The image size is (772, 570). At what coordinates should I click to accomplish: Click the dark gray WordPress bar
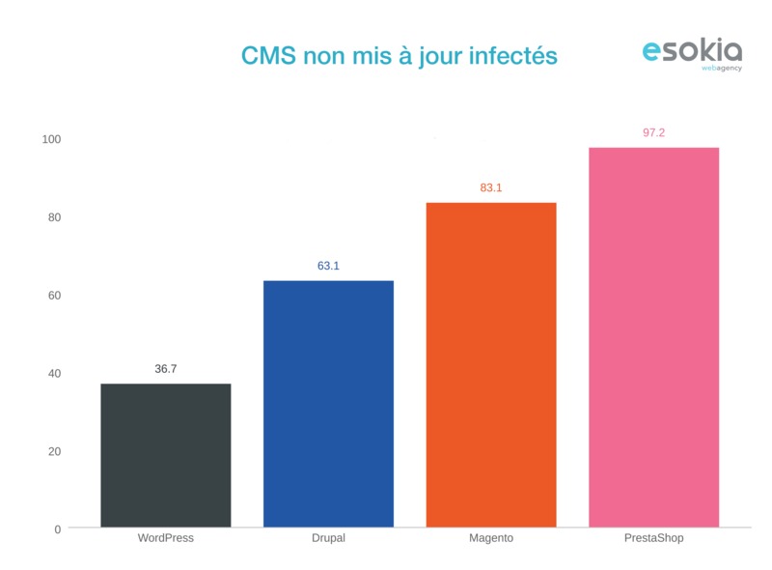pyautogui.click(x=166, y=455)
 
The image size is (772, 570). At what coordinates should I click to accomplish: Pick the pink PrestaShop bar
pyautogui.click(x=653, y=337)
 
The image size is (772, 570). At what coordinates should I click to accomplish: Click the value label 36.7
pyautogui.click(x=166, y=369)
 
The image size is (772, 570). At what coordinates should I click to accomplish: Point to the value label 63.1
pyautogui.click(x=328, y=266)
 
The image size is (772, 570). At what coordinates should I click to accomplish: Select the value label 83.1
pyautogui.click(x=491, y=187)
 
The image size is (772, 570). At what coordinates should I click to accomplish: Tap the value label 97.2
pyautogui.click(x=653, y=132)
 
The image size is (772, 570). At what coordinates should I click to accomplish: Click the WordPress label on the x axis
pyautogui.click(x=166, y=538)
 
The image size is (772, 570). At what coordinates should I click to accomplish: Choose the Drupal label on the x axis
pyautogui.click(x=328, y=538)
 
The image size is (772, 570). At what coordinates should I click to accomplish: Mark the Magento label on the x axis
pyautogui.click(x=491, y=538)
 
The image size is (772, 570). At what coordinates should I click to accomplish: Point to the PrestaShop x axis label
pyautogui.click(x=653, y=538)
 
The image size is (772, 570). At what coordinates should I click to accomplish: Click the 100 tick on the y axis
pyautogui.click(x=51, y=139)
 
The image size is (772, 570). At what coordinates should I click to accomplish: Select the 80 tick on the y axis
pyautogui.click(x=54, y=217)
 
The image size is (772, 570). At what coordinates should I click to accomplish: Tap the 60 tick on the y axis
pyautogui.click(x=54, y=296)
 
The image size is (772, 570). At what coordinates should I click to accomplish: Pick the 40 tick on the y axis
pyautogui.click(x=54, y=374)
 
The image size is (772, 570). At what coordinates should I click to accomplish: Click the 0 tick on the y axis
pyautogui.click(x=57, y=529)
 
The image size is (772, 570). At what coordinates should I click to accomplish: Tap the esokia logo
pyautogui.click(x=692, y=53)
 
